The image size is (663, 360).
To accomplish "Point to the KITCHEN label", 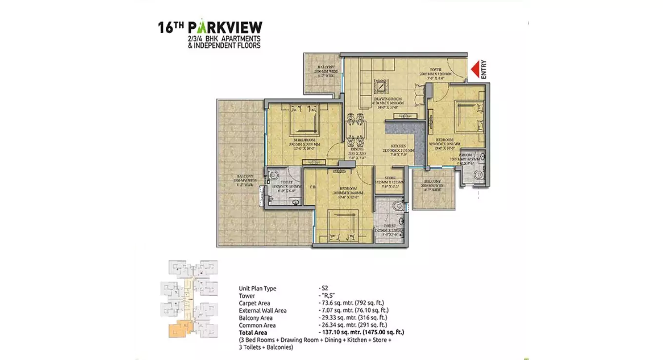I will [x=399, y=146].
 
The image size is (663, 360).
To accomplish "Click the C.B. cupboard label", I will [x=312, y=187].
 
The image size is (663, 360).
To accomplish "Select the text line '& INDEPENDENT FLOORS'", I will [x=220, y=45].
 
